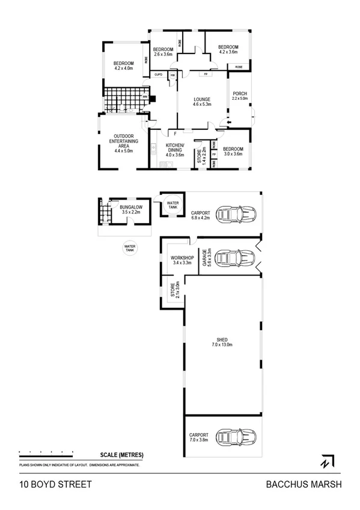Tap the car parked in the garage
(234, 257)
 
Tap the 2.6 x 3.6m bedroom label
(163, 52)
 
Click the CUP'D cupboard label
(159, 74)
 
